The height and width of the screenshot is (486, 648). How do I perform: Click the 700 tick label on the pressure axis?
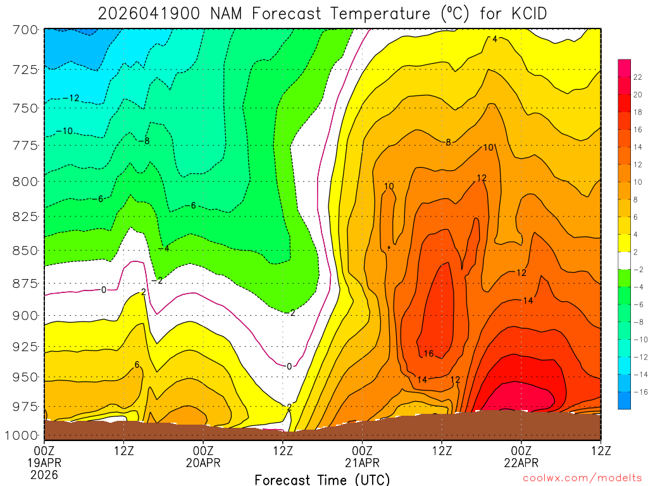pyautogui.click(x=25, y=29)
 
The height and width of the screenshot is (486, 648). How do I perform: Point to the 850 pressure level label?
pyautogui.click(x=25, y=251)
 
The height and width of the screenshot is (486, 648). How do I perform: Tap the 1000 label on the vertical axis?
pyautogui.click(x=23, y=435)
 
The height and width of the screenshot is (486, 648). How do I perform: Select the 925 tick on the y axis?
pyautogui.click(x=25, y=347)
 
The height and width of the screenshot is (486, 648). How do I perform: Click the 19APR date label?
pyautogui.click(x=44, y=463)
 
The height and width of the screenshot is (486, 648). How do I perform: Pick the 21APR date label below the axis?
pyautogui.click(x=362, y=463)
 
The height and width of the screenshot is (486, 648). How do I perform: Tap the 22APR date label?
pyautogui.click(x=521, y=463)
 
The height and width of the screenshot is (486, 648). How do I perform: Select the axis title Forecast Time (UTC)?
pyautogui.click(x=322, y=479)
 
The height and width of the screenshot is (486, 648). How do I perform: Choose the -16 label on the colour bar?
pyautogui.click(x=638, y=392)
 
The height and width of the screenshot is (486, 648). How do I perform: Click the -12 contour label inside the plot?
pyautogui.click(x=71, y=98)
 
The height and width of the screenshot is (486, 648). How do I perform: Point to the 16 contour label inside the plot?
pyautogui.click(x=428, y=354)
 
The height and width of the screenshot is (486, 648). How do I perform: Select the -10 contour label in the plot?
pyautogui.click(x=65, y=131)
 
